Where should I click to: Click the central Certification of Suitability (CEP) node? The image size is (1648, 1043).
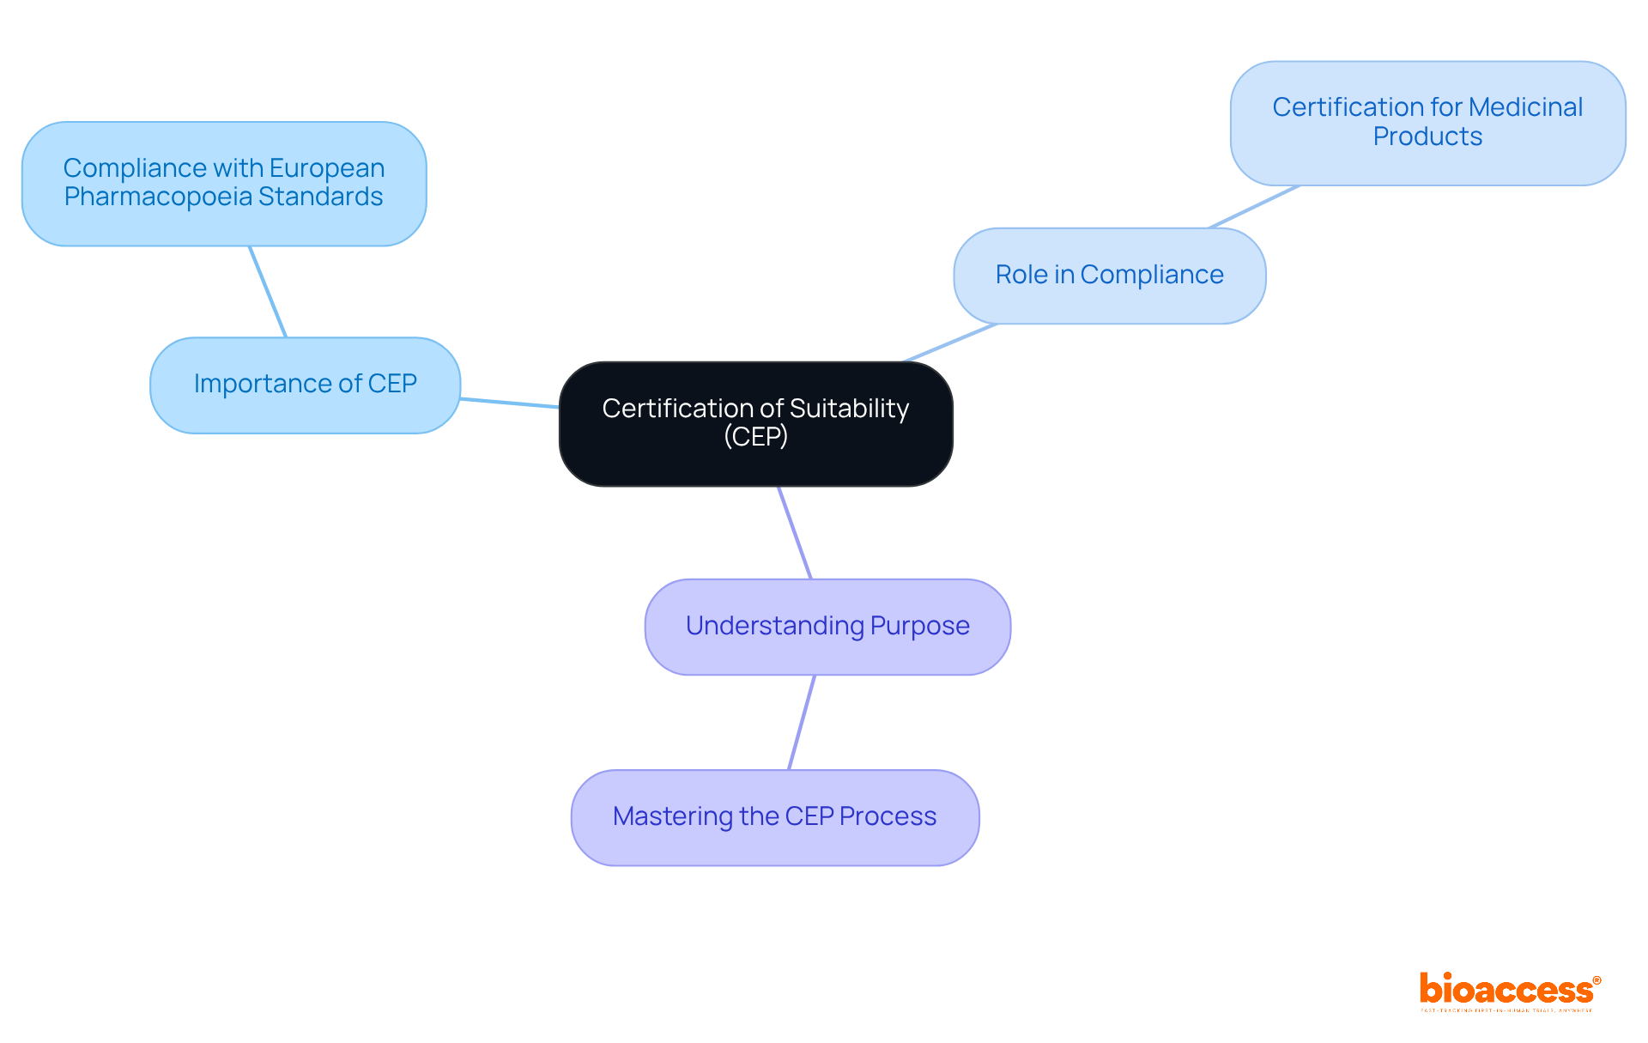coord(755,424)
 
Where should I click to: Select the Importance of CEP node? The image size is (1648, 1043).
coord(305,385)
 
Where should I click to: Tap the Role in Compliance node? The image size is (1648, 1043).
coord(1109,276)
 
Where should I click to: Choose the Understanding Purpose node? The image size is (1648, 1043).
coord(827,627)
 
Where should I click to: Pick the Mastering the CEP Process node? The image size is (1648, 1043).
coord(774,817)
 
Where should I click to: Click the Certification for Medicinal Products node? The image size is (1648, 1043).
coord(1427,123)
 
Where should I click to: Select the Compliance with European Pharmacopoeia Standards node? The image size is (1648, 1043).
coord(224,183)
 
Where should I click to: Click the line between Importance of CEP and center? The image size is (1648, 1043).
coord(509,403)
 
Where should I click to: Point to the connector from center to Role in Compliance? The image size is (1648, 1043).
coord(949,343)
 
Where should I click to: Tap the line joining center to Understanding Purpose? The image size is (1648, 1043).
coord(795,533)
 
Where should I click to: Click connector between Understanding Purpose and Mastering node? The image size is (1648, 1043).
coord(802,722)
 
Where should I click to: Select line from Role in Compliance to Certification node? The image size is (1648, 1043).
coord(1254,207)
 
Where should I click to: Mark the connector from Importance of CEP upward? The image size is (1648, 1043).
coord(268,292)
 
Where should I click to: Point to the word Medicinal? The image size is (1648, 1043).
coord(1525,107)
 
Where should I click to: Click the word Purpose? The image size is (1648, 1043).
coord(919,626)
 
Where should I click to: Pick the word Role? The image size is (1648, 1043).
coord(1021,275)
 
